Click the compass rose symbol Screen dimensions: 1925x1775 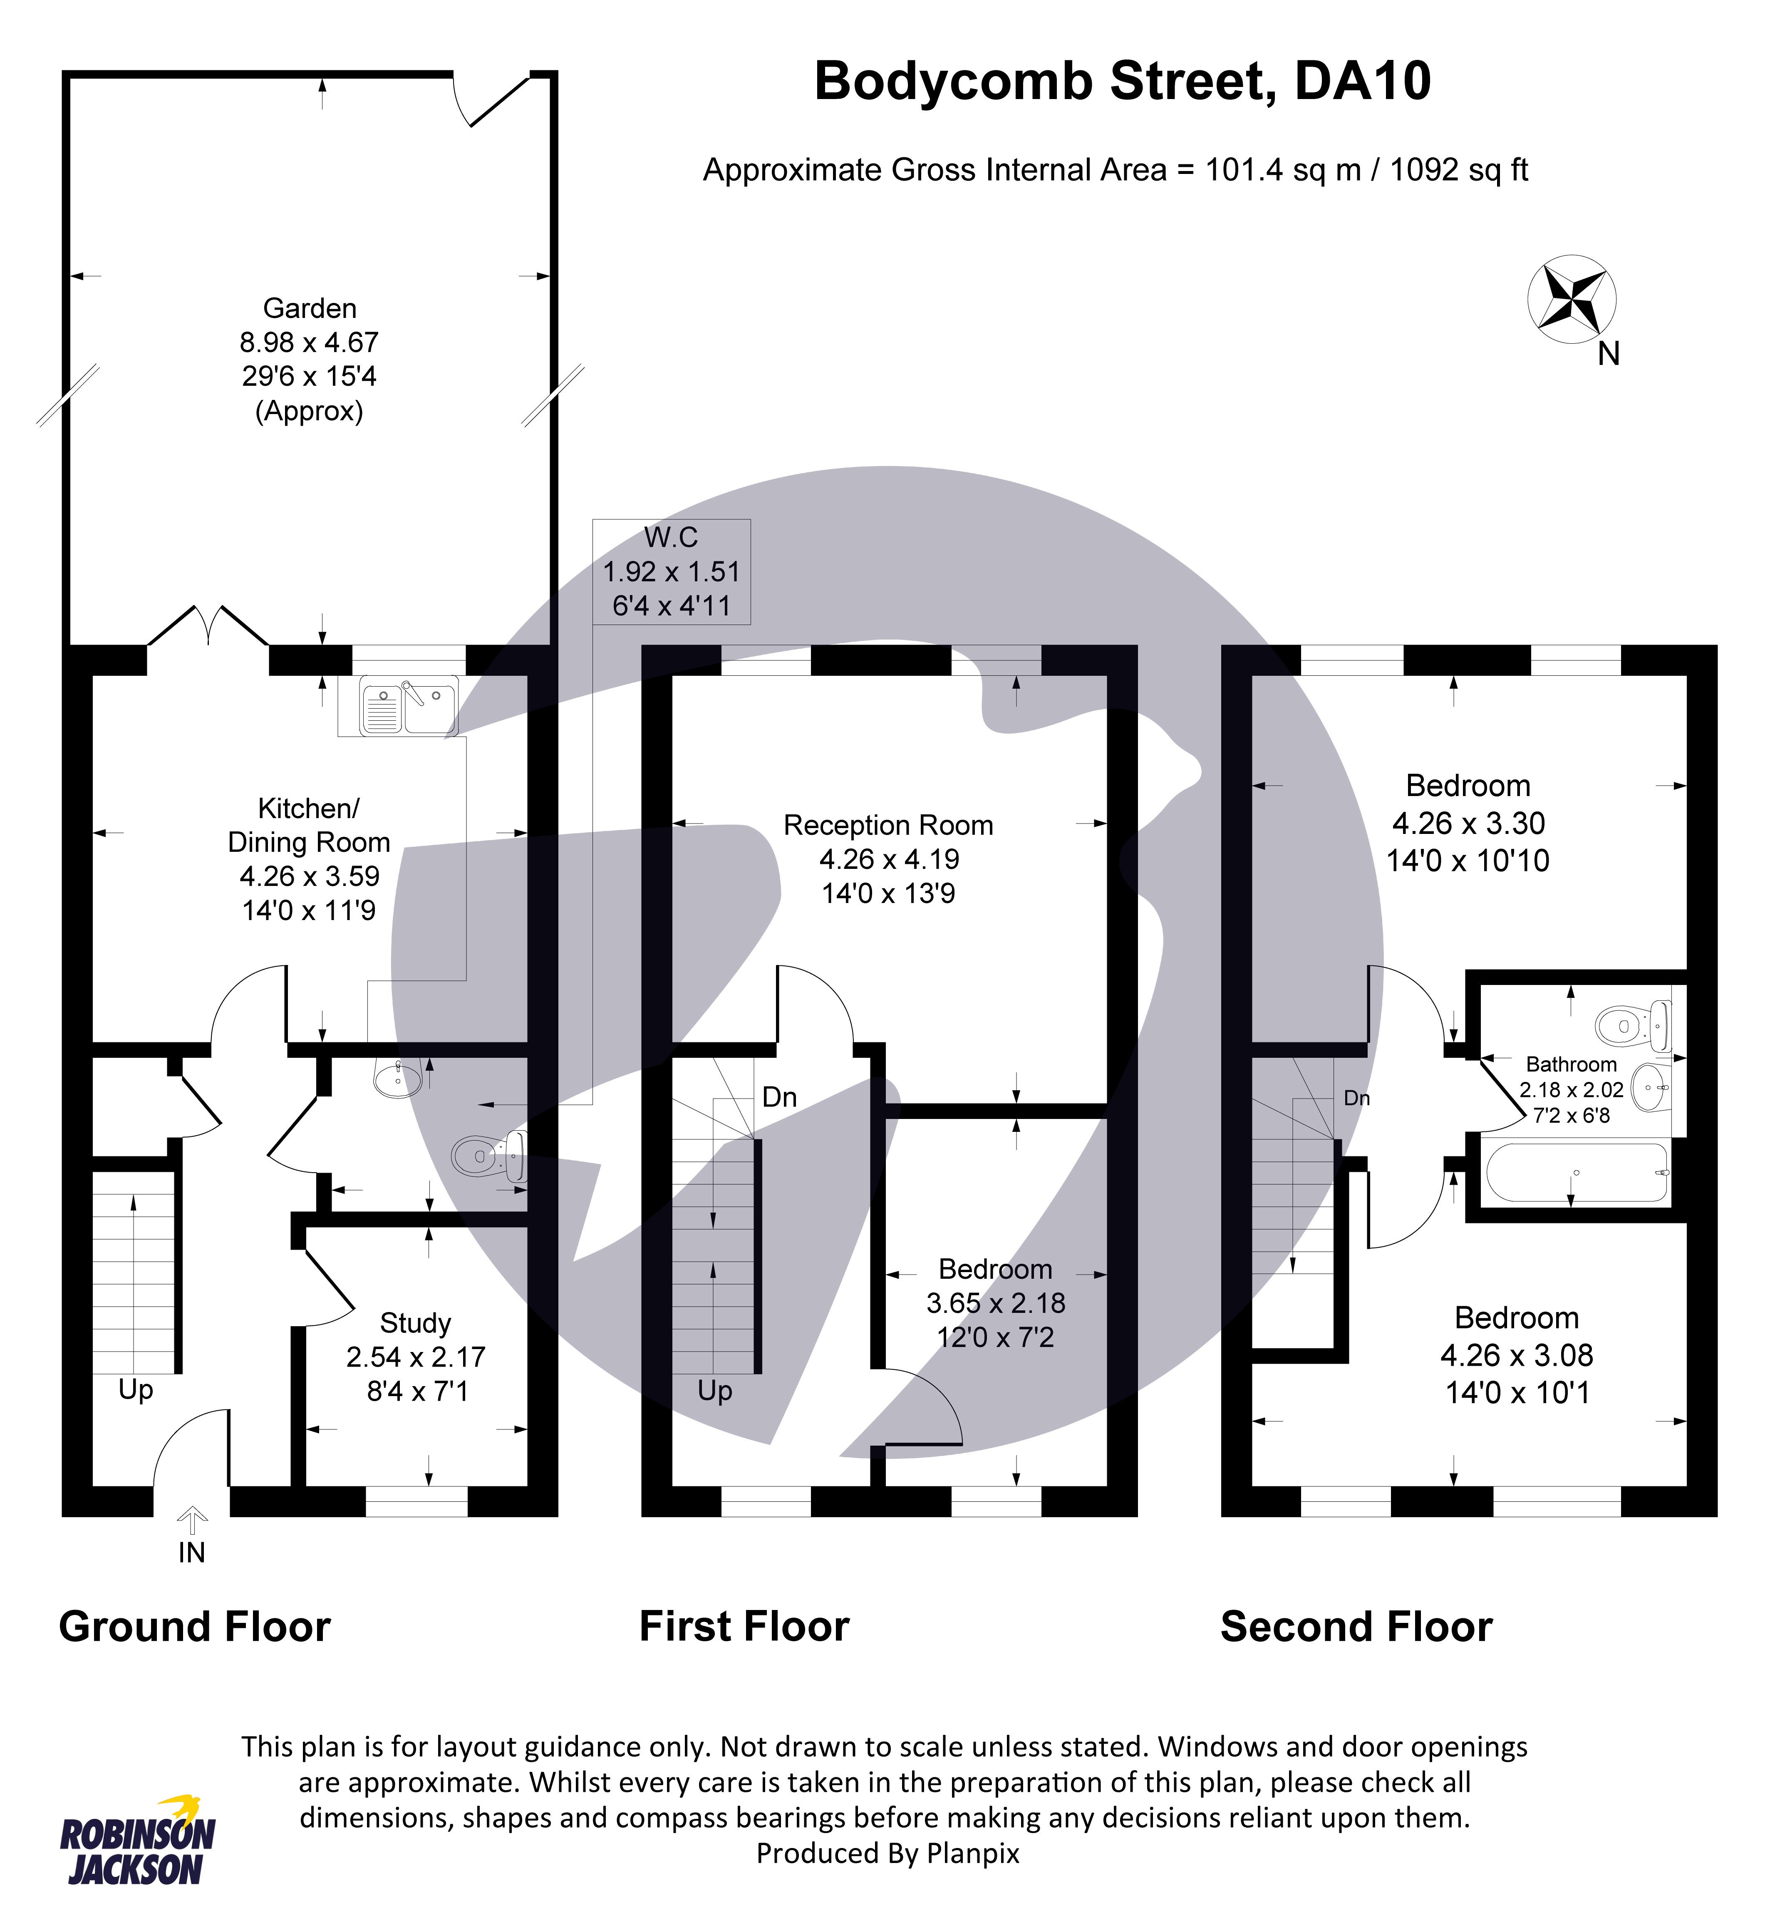click(1572, 299)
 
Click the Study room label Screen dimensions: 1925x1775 click(416, 1324)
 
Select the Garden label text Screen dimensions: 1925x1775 click(309, 308)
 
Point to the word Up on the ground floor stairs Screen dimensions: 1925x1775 click(135, 1390)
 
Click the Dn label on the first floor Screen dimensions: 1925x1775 click(779, 1097)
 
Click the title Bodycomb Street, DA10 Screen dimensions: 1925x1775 click(1122, 81)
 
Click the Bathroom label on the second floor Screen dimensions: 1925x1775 click(1572, 1064)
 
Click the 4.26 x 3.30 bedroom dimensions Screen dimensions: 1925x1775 click(1468, 823)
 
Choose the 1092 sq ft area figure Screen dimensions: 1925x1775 click(1458, 170)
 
